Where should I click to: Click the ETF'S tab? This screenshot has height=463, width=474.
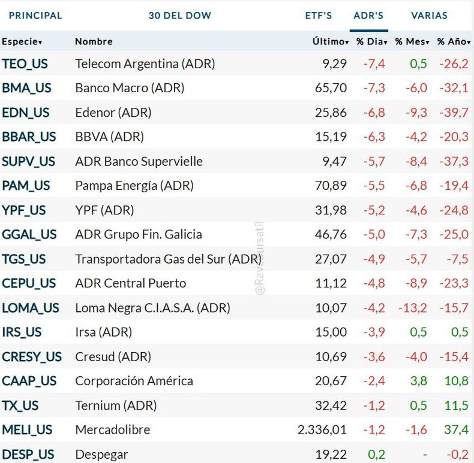[x=318, y=16]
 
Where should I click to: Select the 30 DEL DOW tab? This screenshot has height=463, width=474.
[x=180, y=16]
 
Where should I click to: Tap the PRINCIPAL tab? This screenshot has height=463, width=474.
[x=35, y=16]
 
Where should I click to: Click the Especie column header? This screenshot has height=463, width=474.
[x=22, y=41]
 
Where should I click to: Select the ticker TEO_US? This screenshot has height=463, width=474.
[x=25, y=63]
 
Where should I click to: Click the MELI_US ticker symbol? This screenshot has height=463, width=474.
[x=27, y=430]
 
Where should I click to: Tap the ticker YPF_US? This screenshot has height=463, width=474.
[x=24, y=210]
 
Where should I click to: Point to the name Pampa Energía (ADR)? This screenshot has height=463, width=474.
[x=134, y=186]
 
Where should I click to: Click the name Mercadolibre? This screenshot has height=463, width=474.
[x=113, y=430]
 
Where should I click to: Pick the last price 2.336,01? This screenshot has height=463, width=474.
[x=322, y=430]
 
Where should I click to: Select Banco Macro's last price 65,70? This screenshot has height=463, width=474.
[x=331, y=88]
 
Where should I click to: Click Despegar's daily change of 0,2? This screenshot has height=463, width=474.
[x=377, y=455]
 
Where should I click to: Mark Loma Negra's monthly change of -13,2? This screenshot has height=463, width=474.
[x=413, y=308]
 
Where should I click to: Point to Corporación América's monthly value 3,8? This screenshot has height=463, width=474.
[x=418, y=381]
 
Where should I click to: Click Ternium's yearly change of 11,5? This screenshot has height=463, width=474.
[x=457, y=405]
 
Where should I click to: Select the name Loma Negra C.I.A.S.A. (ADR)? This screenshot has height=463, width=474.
[x=152, y=308]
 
